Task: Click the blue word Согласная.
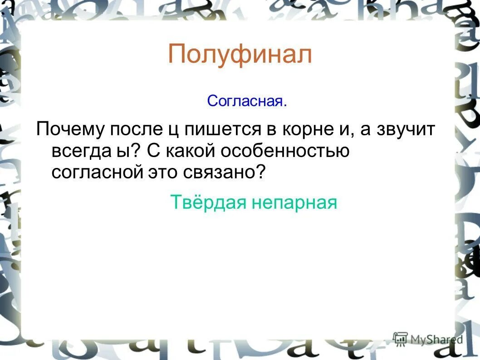click(x=247, y=101)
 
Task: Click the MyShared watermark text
click(x=436, y=339)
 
